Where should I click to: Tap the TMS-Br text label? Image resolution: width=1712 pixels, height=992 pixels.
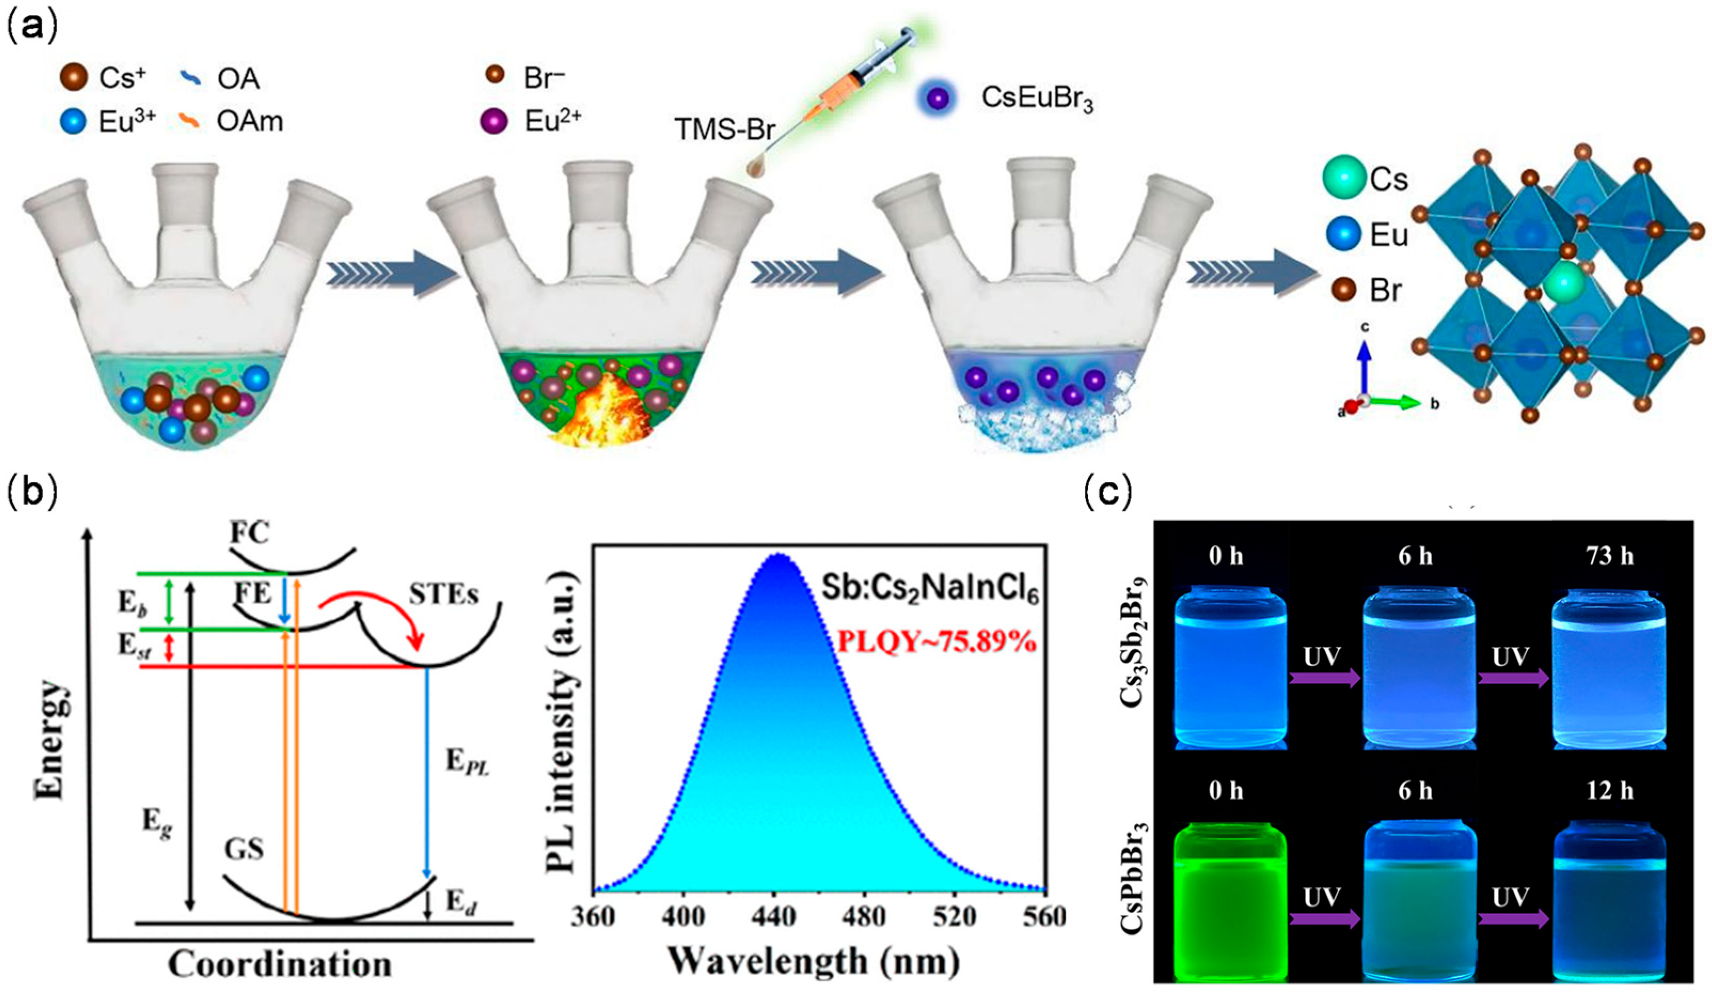click(x=725, y=129)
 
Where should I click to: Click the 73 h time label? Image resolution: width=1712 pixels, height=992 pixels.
click(x=1610, y=556)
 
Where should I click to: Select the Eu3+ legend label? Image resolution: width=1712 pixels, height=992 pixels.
click(x=128, y=122)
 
